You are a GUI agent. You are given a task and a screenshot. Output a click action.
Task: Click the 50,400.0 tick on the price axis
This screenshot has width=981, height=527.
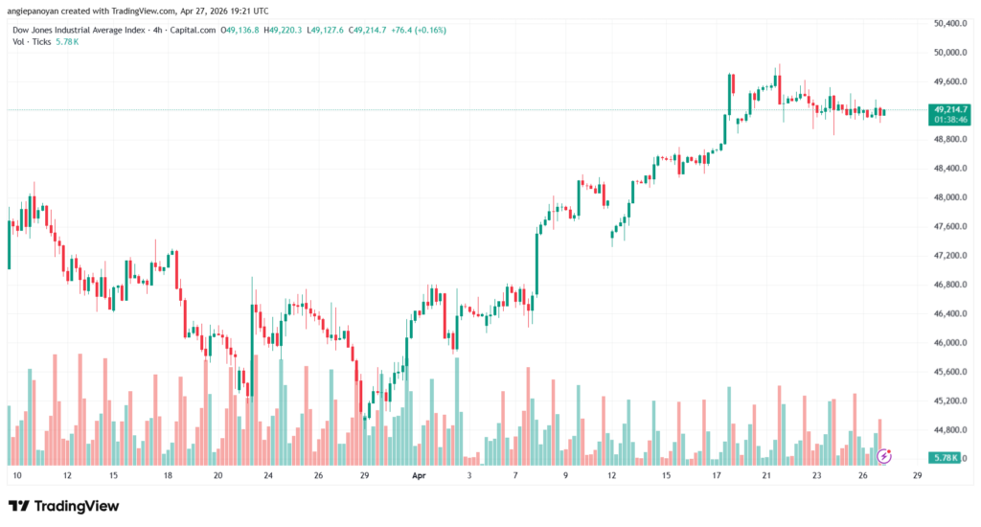950,22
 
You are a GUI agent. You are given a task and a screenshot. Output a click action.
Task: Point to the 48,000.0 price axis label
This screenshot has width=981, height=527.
950,197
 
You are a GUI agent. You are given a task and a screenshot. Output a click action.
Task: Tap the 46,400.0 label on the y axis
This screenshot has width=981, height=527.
950,313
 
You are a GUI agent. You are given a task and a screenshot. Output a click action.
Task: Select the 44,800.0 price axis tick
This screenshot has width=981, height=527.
950,429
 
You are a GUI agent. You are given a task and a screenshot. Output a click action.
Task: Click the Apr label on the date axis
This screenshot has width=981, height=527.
418,475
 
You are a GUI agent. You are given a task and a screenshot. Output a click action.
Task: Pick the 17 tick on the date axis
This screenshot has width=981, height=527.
717,475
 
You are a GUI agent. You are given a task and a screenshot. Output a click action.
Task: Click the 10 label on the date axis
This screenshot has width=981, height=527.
16,475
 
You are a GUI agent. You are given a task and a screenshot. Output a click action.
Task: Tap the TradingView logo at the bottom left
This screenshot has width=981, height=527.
64,505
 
